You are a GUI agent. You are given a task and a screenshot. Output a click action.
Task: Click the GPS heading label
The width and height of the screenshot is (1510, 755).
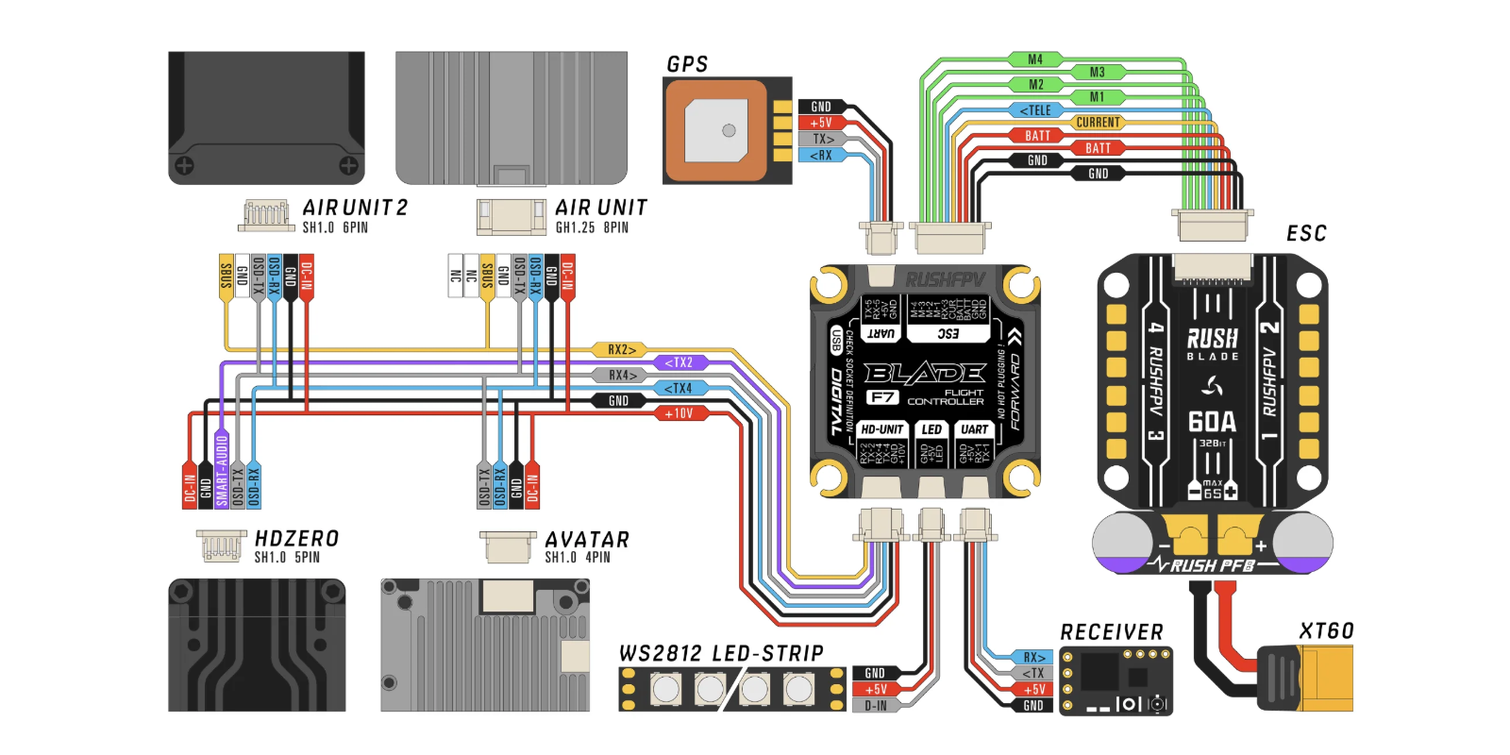[x=687, y=64]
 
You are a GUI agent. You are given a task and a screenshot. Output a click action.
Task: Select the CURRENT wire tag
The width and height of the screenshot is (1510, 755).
[x=1098, y=123]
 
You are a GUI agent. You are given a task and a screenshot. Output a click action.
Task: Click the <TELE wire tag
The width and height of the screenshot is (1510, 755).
[x=1034, y=110]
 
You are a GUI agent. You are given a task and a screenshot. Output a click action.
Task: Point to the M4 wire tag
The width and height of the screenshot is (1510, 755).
[x=1035, y=59]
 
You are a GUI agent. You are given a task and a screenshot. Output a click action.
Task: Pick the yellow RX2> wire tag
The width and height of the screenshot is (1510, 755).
[x=620, y=350]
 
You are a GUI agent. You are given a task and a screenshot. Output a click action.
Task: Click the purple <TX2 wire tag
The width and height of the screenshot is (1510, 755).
[x=679, y=362]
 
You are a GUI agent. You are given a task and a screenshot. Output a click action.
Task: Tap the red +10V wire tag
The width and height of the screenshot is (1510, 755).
[x=679, y=413]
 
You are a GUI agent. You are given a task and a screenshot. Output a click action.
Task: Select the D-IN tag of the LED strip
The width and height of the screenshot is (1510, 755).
[x=875, y=706]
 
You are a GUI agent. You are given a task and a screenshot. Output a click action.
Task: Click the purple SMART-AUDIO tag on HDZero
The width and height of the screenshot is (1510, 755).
[x=222, y=470]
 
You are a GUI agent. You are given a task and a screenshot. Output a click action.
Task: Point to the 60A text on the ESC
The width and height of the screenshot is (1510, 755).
[x=1212, y=421]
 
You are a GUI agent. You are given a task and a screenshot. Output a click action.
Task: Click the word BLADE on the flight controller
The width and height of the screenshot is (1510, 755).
[x=925, y=374]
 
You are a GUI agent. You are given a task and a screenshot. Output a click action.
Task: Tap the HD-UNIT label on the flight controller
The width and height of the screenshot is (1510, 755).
[x=882, y=429]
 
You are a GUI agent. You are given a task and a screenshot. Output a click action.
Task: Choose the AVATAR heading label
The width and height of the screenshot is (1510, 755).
[x=587, y=540]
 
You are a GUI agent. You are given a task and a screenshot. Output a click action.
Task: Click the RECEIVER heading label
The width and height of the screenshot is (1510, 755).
[x=1112, y=632]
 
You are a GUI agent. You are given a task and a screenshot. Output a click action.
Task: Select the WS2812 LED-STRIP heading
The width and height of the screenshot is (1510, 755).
[x=721, y=653]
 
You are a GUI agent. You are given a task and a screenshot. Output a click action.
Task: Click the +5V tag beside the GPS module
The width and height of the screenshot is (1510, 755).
[x=820, y=123]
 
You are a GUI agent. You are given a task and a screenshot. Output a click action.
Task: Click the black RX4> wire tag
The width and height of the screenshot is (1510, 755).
[x=620, y=376]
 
